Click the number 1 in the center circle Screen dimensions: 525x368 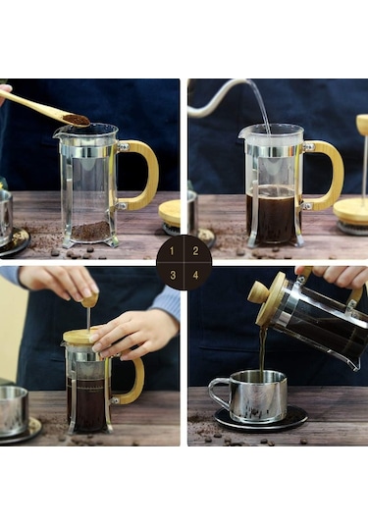point(174,251)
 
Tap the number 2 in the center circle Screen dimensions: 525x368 point(194,251)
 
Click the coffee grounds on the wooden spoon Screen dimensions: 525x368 point(76,120)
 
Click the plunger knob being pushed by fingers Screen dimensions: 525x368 point(89,299)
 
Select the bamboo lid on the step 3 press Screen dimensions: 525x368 point(81,337)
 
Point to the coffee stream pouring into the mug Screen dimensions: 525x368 point(263,348)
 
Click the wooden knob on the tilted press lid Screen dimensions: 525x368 point(258,291)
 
